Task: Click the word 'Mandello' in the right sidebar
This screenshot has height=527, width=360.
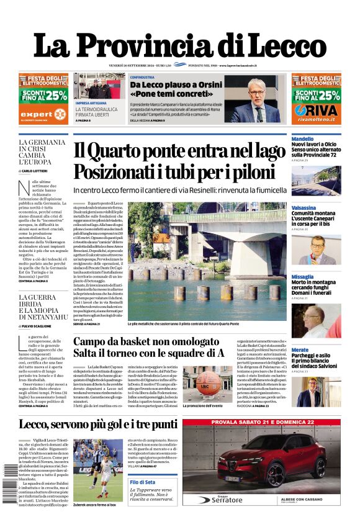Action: [x=302, y=139]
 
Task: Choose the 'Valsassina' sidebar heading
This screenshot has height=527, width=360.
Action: [x=304, y=208]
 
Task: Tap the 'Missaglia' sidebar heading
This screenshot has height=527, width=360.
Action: [x=302, y=277]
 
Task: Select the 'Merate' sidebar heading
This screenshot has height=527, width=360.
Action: [x=300, y=350]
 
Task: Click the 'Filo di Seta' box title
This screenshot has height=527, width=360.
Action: [x=142, y=482]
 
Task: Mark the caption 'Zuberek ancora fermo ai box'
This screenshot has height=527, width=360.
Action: [x=94, y=506]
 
